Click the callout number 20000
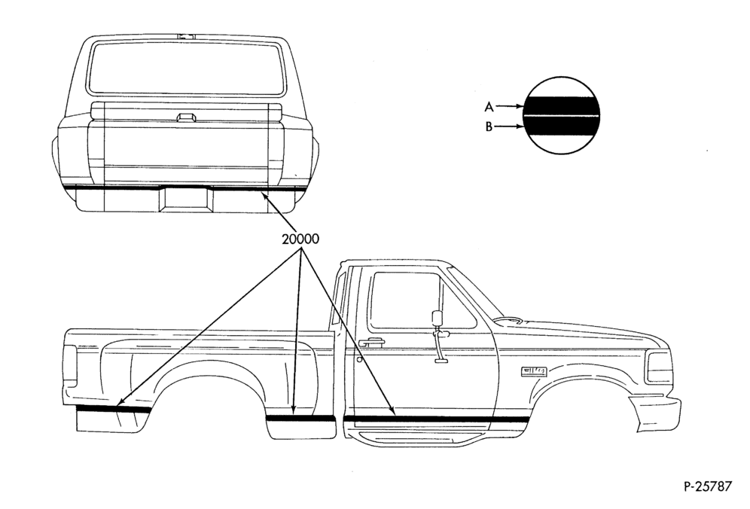click(x=300, y=239)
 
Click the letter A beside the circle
click(x=489, y=107)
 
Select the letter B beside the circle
click(x=489, y=126)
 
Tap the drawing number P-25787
click(x=707, y=486)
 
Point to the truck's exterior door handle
click(x=372, y=342)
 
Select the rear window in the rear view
click(x=185, y=67)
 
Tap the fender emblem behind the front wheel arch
click(x=533, y=370)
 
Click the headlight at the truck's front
click(x=657, y=367)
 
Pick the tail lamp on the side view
click(x=70, y=363)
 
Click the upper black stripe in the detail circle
click(x=561, y=105)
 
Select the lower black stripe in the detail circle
click(x=561, y=124)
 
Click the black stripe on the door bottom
click(x=436, y=419)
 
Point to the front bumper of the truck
click(x=655, y=412)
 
